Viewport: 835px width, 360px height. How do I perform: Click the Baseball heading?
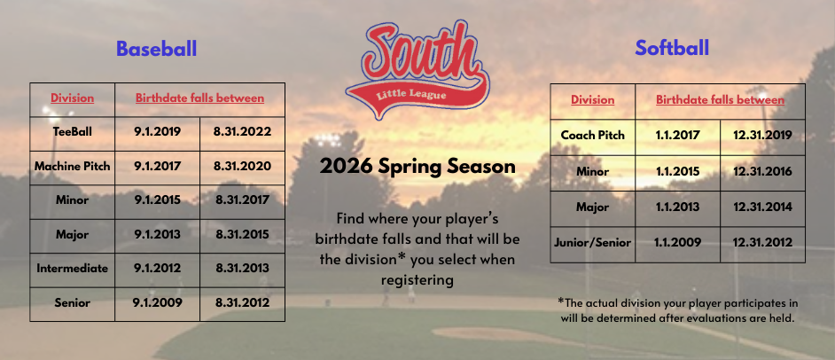(x=157, y=49)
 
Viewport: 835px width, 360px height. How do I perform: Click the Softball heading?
(x=672, y=48)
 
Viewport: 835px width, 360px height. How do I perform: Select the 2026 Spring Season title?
(x=417, y=166)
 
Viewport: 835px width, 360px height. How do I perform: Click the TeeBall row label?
(x=72, y=132)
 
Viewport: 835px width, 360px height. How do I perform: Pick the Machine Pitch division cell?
(x=72, y=166)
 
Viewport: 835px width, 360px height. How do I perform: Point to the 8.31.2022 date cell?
(x=242, y=132)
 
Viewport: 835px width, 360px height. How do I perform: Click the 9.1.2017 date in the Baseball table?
(x=157, y=166)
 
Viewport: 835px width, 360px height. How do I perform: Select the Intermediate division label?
(x=72, y=268)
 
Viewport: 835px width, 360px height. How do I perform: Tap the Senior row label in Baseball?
(x=72, y=301)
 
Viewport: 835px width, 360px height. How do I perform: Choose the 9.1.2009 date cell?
(x=157, y=301)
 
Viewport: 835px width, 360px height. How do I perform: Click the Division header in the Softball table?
(x=592, y=100)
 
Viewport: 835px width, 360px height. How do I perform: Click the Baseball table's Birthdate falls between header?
(x=199, y=98)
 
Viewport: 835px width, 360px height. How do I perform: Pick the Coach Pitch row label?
(x=592, y=136)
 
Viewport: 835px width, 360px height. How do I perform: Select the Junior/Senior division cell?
(x=592, y=242)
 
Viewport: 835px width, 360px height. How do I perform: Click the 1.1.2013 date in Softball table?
(x=676, y=207)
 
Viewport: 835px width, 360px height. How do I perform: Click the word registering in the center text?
(x=417, y=280)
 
